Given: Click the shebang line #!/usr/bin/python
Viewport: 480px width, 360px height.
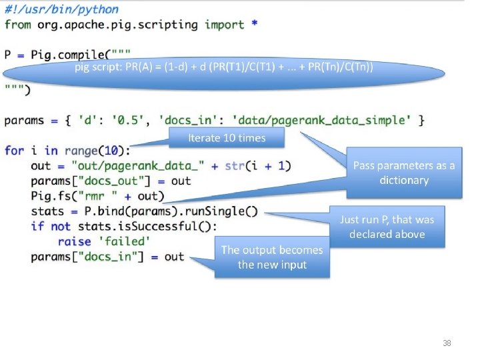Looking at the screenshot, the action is [x=61, y=9].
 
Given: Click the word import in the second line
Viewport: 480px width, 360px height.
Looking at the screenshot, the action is [x=224, y=25].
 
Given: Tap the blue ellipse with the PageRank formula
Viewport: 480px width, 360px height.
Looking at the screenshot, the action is [x=224, y=68].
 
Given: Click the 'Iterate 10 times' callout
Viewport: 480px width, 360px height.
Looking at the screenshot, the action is [x=227, y=138].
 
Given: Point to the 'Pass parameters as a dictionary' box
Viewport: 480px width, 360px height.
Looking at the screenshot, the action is [x=403, y=173].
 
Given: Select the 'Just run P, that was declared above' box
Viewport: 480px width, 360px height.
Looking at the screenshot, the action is [x=387, y=227].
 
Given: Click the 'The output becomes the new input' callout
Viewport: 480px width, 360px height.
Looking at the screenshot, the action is [x=272, y=257].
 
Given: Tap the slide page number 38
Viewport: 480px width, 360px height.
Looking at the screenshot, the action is [x=447, y=343].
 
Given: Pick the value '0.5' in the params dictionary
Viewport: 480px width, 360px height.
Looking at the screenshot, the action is [x=125, y=120].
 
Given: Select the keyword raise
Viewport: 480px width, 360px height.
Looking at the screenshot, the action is [x=74, y=241].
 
